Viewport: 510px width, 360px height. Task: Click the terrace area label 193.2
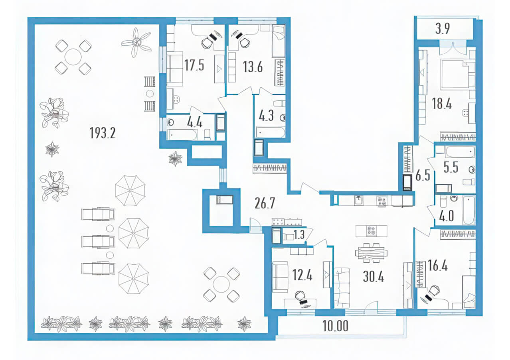[x=103, y=133]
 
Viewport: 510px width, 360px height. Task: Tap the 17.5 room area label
[x=194, y=65]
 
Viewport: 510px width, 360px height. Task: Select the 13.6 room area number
[x=253, y=67]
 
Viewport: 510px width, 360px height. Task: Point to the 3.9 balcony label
[x=443, y=29]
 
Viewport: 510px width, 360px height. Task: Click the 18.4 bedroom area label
[x=442, y=104]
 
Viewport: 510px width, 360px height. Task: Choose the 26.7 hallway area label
[x=265, y=203]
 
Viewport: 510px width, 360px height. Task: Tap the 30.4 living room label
[x=374, y=277]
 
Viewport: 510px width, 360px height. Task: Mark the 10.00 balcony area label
[x=335, y=326]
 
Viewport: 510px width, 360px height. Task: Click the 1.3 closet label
[x=299, y=235]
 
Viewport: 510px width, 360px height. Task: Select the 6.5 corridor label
[x=423, y=175]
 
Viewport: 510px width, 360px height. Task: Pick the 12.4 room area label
[x=302, y=275]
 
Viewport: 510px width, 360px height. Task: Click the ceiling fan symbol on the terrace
[x=136, y=42]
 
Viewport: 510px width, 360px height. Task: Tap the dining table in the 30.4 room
[x=371, y=253]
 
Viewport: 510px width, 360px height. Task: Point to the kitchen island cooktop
[x=372, y=231]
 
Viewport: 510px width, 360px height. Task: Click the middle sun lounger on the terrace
[x=98, y=242]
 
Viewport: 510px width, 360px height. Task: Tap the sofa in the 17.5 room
[x=175, y=69]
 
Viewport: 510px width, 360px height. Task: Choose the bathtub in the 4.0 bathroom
[x=469, y=210]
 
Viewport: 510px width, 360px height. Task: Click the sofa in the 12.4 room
[x=280, y=277]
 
